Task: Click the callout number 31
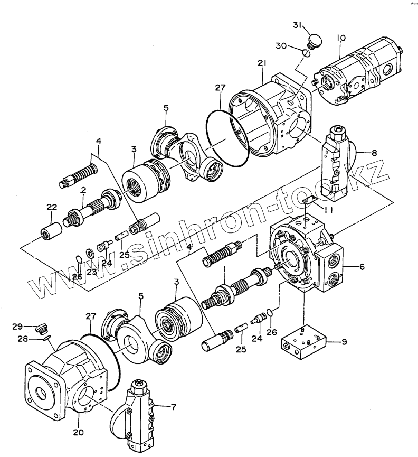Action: (298, 25)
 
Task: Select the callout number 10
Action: (341, 38)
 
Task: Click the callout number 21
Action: (262, 63)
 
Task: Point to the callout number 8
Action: (374, 153)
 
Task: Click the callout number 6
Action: (362, 266)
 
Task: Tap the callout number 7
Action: (174, 407)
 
